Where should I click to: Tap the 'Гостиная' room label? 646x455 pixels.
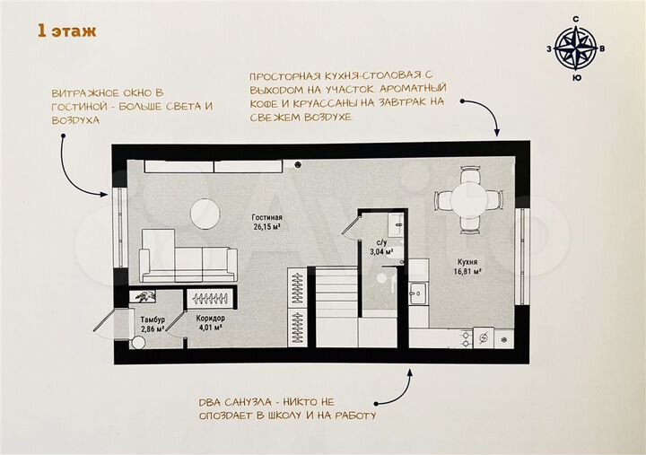(266, 217)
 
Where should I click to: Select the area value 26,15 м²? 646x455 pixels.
(266, 227)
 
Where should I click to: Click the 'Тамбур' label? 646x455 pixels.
(145, 319)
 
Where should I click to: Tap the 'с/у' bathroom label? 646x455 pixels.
(380, 242)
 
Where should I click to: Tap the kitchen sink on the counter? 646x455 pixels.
(418, 293)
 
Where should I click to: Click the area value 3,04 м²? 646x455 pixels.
(380, 252)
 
